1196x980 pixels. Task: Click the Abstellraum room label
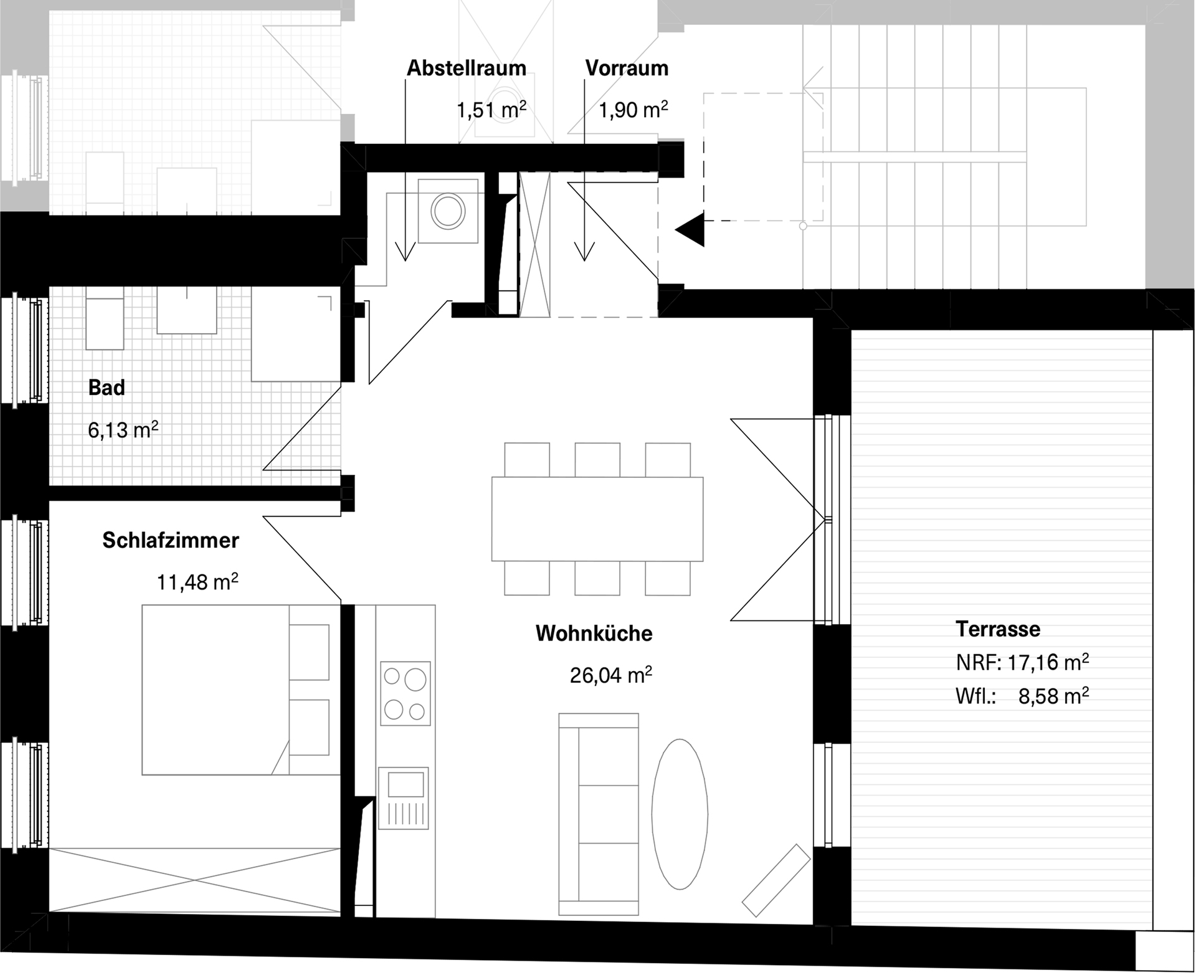(467, 68)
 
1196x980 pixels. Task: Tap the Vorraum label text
(627, 68)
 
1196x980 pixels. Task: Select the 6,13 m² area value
(123, 429)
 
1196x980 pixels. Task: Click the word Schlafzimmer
(171, 540)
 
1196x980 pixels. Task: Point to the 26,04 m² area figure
(611, 674)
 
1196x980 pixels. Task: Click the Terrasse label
(998, 629)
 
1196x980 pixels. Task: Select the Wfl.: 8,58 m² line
(1022, 695)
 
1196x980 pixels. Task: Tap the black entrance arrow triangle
(690, 229)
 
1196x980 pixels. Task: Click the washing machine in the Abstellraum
(448, 211)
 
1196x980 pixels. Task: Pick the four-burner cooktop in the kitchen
(406, 693)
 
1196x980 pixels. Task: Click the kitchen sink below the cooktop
(404, 798)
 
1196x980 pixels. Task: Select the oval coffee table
(680, 814)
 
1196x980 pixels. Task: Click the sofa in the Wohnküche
(599, 814)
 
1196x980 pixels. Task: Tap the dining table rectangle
(597, 519)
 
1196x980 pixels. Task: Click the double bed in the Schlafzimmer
(241, 690)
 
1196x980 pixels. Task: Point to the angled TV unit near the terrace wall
(776, 880)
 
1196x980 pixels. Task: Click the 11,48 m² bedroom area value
(197, 581)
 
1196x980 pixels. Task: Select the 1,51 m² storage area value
(491, 110)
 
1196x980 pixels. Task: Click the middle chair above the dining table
(597, 460)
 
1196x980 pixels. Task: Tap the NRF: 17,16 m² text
(1022, 662)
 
